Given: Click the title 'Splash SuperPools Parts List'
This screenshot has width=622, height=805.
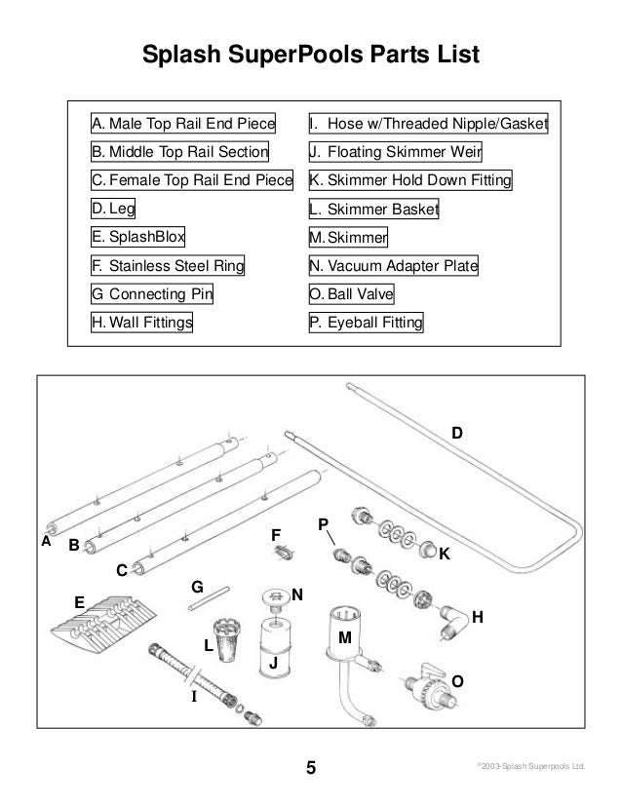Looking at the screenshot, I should coord(311,55).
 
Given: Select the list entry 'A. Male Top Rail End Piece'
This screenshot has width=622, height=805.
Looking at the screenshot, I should coord(182,125).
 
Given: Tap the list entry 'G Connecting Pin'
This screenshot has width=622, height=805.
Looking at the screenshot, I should coord(152,294).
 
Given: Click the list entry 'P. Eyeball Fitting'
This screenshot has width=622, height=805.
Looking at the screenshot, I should coord(367,323).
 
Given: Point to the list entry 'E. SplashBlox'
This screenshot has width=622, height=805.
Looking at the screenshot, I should coord(138,237).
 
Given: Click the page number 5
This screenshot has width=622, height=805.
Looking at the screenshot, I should coord(311,767).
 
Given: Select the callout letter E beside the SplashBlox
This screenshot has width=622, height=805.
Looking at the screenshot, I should coord(79,601).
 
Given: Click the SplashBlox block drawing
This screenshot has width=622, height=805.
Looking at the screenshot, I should coord(104,629).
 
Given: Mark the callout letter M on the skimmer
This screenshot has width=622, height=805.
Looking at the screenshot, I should coord(343,636).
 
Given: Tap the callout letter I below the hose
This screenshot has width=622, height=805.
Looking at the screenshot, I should coord(193,698).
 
